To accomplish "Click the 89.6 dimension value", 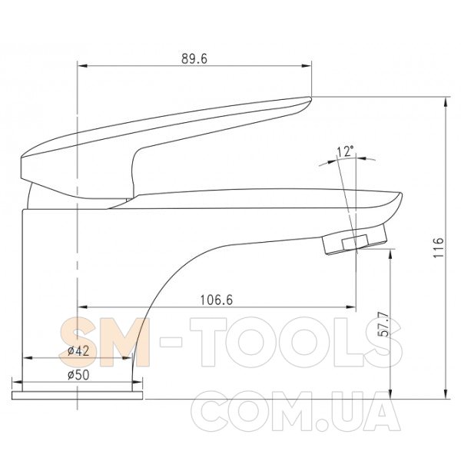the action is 194,58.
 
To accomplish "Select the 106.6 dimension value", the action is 217,300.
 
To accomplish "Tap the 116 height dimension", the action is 439,247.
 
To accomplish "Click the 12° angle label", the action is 345,151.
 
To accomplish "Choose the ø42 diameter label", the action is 78,351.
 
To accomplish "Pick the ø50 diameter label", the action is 78,375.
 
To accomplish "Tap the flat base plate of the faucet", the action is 77,396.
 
